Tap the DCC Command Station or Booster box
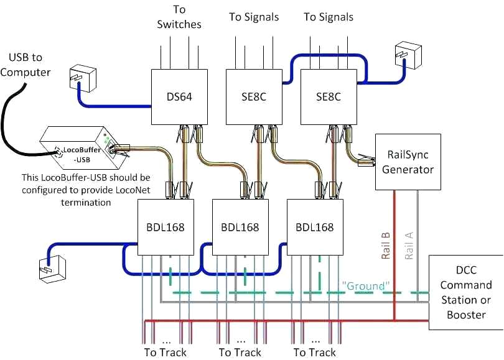tap(466, 292)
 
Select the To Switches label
tap(179, 17)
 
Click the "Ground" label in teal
tap(366, 285)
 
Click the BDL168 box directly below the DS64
tap(166, 227)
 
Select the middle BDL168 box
tap(240, 227)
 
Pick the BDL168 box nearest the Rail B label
tap(315, 227)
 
